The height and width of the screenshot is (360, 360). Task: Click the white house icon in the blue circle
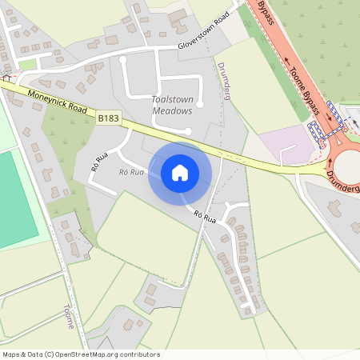pyautogui.click(x=180, y=173)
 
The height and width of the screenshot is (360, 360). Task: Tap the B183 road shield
pyautogui.click(x=109, y=118)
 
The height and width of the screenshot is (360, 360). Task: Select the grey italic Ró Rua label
pyautogui.click(x=131, y=172)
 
